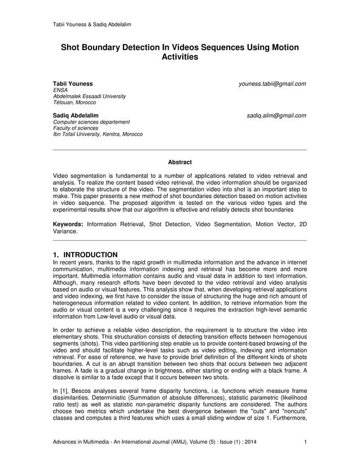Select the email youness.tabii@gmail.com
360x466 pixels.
[x=272, y=84]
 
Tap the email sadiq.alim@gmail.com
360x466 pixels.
[x=276, y=116]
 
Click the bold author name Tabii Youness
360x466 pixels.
[x=73, y=84]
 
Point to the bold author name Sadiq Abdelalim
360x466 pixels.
[x=75, y=116]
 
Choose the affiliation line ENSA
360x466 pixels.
[x=59, y=90]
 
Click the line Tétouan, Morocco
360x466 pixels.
[x=74, y=103]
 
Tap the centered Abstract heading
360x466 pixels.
[x=179, y=162]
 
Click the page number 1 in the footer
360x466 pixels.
[x=305, y=441]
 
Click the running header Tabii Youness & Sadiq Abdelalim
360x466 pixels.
[x=92, y=24]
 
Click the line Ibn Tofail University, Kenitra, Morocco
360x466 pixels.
[x=98, y=134]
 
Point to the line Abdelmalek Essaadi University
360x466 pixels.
[x=89, y=96]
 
